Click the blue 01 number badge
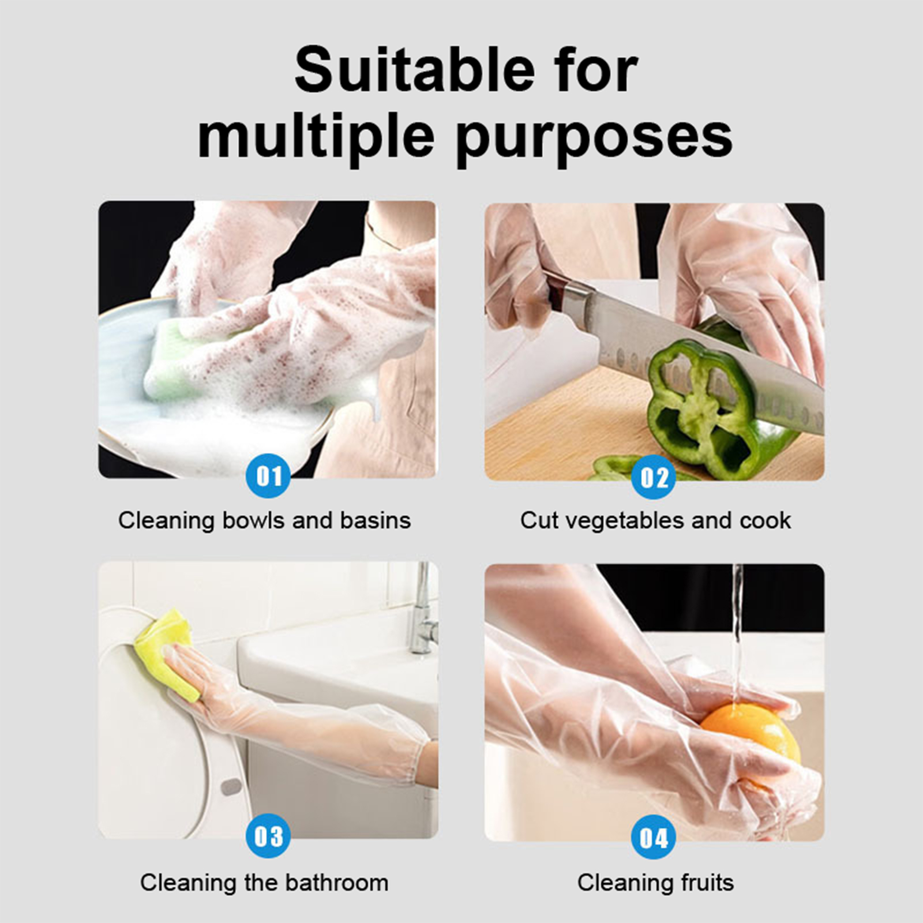pos(268,476)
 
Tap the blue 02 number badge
pos(654,477)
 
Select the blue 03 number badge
pos(268,836)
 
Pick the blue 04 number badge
pos(654,838)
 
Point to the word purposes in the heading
pos(594,138)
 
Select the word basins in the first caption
pos(375,520)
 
